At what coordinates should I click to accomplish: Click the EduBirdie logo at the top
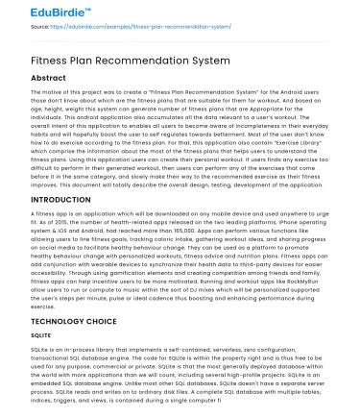(x=37, y=11)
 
